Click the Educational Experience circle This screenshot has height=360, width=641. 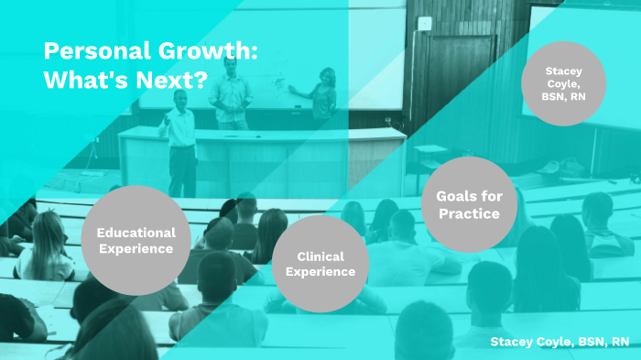135,240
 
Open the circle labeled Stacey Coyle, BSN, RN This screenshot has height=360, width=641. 563,83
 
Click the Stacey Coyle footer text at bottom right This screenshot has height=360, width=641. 560,342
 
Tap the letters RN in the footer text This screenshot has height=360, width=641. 620,342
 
